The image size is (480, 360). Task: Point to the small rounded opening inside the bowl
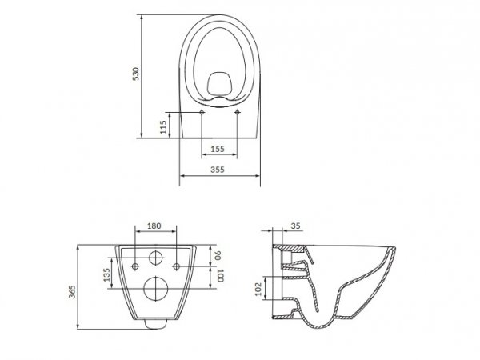coord(220,82)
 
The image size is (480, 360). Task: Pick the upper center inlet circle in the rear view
coord(155,258)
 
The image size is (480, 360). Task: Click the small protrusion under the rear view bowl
coord(154,325)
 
